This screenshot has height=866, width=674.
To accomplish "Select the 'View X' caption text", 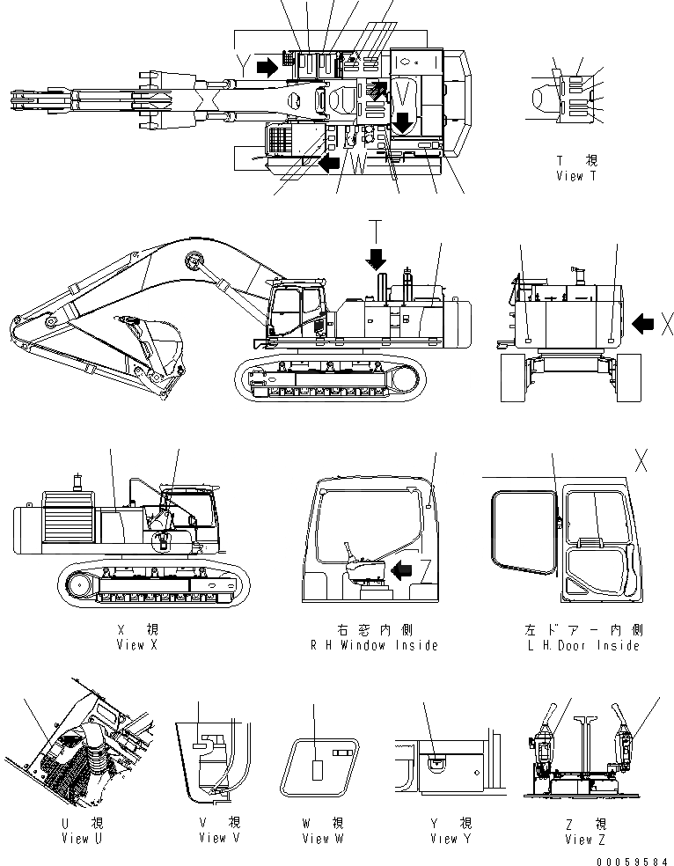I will [x=136, y=645].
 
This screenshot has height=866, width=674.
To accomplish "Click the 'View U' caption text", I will [x=75, y=839].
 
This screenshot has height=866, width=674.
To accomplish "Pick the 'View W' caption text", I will [x=322, y=839].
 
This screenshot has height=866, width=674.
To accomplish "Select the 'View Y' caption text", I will [x=451, y=839].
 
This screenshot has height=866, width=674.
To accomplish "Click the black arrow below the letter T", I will [x=377, y=258].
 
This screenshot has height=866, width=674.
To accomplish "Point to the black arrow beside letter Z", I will [x=404, y=571].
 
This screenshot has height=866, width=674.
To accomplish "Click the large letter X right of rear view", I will [x=666, y=325].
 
